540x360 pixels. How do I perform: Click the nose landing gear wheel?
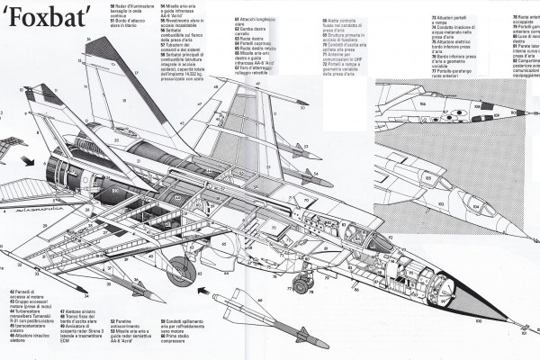tap(301, 285)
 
